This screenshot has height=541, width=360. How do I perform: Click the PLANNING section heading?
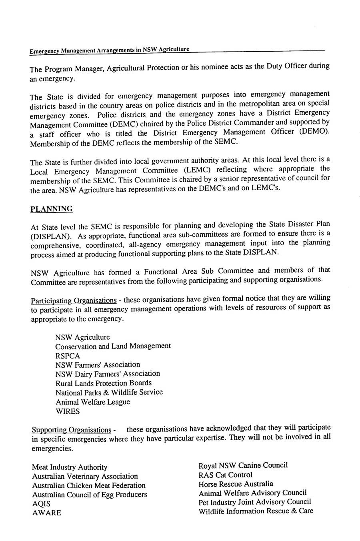pos(52,209)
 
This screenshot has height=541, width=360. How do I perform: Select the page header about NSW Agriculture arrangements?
pos(109,50)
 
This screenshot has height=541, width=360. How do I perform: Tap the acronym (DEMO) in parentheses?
pos(315,132)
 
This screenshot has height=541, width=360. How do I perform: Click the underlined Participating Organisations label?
pos(74,301)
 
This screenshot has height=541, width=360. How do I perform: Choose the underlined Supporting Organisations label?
pos(71,430)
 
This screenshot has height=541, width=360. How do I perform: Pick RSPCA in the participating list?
pos(68,356)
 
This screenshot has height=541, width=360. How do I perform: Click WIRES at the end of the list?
pos(67,411)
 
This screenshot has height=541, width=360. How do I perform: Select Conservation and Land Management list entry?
pos(113,346)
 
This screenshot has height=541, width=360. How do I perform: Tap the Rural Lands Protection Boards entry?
pos(103,383)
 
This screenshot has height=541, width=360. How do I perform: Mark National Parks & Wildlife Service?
pos(109,393)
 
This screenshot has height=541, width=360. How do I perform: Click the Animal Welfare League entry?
pos(92,402)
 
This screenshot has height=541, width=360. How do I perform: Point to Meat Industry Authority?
pos(70,467)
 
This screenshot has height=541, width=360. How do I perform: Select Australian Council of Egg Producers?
pos(89,495)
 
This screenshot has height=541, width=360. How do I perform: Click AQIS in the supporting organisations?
pos(41,504)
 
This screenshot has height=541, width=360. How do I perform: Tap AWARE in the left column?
pos(46,513)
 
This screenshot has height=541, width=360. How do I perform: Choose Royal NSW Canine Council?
pos(243,465)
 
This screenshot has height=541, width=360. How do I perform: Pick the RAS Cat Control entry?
pos(225,475)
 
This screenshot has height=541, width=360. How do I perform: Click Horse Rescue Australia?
pos(236,484)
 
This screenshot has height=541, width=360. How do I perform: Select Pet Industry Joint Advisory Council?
pos(254,502)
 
